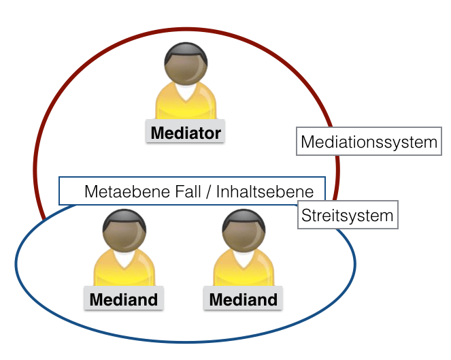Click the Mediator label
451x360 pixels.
[x=186, y=132]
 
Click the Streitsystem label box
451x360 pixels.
[x=348, y=216]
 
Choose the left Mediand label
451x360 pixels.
[x=124, y=299]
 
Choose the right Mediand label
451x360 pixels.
[x=244, y=299]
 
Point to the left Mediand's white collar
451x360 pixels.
[x=124, y=259]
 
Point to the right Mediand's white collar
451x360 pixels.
[x=244, y=259]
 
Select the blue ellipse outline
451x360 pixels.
[x=185, y=341]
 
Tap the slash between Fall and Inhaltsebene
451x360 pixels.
[x=209, y=192]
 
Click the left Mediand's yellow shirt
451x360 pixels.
[x=102, y=272]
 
